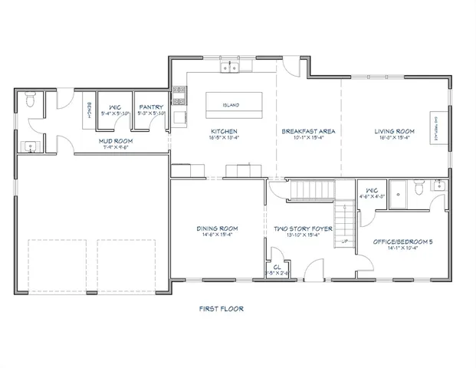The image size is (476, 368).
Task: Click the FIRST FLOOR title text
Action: [221, 309]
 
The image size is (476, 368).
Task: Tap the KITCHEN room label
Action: [224, 131]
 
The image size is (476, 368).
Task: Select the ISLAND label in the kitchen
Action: [231, 105]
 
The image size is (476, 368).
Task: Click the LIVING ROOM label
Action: [394, 131]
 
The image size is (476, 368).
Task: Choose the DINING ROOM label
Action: [218, 228]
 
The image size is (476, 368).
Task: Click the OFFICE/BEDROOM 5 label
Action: [402, 242]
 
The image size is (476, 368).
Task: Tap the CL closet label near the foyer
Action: [277, 267]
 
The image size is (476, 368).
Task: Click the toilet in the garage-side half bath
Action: [30, 100]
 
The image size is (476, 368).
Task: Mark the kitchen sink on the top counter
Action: [229, 68]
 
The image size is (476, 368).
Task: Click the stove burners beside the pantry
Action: [179, 95]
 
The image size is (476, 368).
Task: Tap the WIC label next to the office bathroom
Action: [373, 189]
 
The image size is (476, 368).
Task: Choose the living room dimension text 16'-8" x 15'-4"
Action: [394, 138]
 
